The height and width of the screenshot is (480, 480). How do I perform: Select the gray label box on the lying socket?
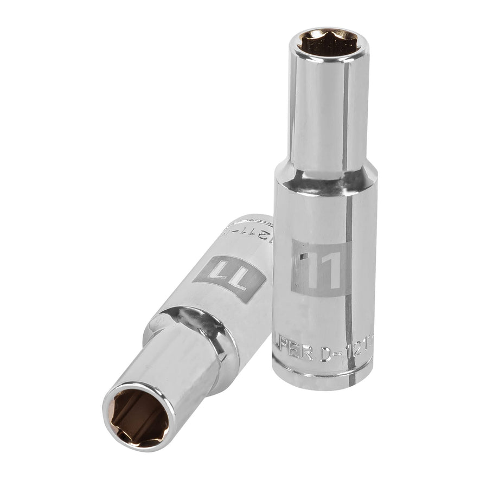pyautogui.click(x=231, y=271)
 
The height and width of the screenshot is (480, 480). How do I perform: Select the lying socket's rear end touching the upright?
pyautogui.click(x=260, y=228)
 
